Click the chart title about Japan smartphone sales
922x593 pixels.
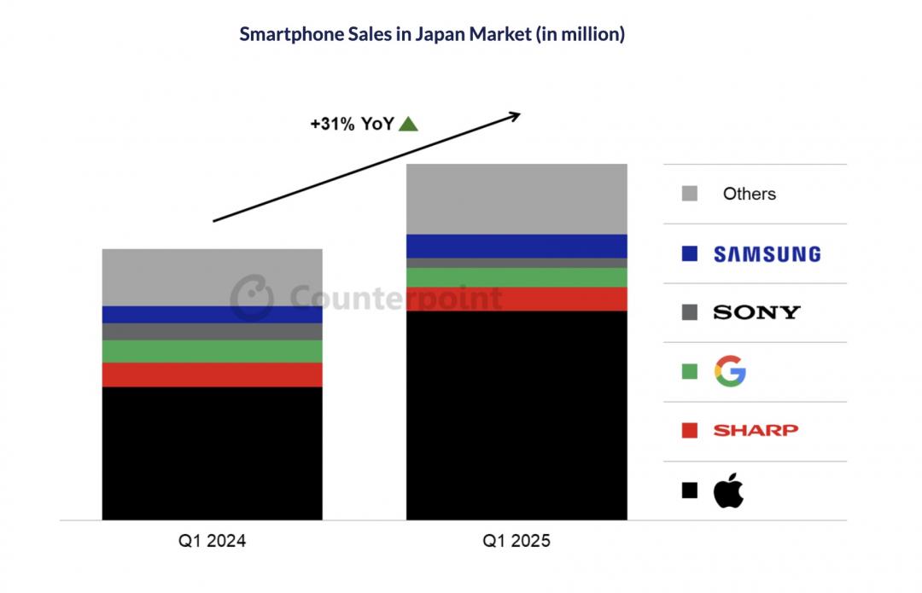[x=432, y=35]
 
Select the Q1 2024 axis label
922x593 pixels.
[x=212, y=541]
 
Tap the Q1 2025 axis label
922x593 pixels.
[x=516, y=541]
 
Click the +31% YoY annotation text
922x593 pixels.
[x=352, y=125]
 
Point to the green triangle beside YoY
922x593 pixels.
[x=408, y=125]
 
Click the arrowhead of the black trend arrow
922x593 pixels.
[x=514, y=114]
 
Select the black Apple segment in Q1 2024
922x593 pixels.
[x=212, y=453]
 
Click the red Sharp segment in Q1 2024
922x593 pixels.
[x=212, y=375]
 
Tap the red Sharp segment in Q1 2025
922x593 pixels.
[x=516, y=299]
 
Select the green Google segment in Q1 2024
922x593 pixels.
[x=212, y=352]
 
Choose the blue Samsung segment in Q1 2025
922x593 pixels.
[x=516, y=246]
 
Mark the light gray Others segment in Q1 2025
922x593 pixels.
[x=516, y=199]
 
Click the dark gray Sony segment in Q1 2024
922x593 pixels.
[x=212, y=331]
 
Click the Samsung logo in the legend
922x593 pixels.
[x=767, y=253]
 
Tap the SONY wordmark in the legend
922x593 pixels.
[x=756, y=312]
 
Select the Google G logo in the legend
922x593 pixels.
[x=730, y=371]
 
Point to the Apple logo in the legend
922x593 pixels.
[x=728, y=491]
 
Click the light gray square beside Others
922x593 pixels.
[x=690, y=194]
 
